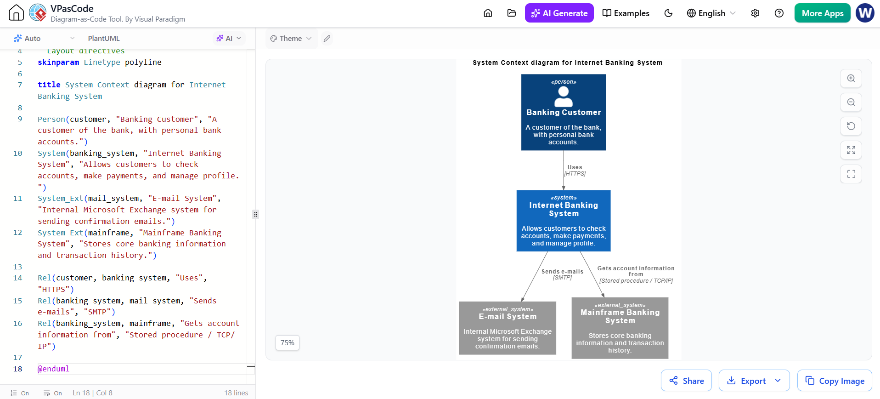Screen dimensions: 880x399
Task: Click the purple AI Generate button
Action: point(559,13)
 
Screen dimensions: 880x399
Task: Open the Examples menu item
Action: point(626,13)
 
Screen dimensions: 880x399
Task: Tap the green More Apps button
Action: point(822,13)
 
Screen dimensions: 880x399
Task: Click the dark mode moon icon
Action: point(668,13)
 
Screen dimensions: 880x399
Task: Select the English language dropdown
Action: point(711,13)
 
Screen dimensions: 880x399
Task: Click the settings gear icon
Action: point(755,13)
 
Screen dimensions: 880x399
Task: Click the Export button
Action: point(754,381)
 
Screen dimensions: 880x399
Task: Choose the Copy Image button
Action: point(835,381)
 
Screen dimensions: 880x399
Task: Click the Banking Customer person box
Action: point(564,112)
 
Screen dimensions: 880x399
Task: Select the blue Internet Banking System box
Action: point(564,221)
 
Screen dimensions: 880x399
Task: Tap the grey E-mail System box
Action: point(508,328)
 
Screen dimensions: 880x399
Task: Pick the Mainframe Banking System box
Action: point(620,328)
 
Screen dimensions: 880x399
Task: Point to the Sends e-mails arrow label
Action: point(562,274)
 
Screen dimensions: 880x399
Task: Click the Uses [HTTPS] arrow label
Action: point(575,171)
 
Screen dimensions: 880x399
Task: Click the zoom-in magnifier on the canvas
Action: point(851,78)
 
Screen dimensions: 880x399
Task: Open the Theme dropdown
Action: point(291,39)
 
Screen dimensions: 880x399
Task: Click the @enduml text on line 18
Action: point(53,369)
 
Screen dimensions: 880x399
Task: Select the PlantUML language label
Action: point(104,39)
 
